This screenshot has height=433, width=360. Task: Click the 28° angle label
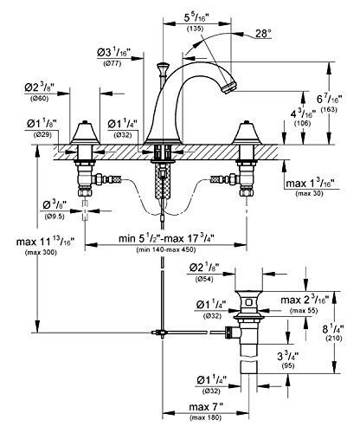point(263,34)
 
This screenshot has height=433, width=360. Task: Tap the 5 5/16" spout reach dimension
point(196,18)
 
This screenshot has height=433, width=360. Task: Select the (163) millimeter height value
point(329,110)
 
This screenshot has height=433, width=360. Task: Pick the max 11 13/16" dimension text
point(45,242)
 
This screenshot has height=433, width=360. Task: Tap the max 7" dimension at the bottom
point(206,407)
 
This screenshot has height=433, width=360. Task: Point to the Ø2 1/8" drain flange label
point(204,268)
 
